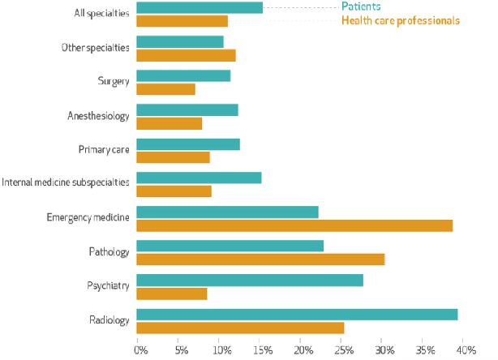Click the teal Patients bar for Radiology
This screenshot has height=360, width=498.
(297, 314)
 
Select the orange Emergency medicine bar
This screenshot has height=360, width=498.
(294, 225)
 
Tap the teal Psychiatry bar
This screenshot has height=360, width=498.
(250, 280)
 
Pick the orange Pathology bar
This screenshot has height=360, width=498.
(260, 259)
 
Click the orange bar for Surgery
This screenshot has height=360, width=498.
(165, 89)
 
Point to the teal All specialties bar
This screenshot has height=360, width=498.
(200, 7)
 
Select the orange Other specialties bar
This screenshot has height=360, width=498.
(186, 55)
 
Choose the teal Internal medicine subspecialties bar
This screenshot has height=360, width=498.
(199, 178)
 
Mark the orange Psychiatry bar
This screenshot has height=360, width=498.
(172, 294)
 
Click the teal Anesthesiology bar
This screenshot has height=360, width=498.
(187, 109)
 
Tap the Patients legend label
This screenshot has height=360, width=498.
(361, 7)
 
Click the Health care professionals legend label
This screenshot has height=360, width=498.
(401, 20)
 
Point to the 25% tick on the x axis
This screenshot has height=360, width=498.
(344, 350)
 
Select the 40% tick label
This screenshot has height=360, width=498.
(467, 350)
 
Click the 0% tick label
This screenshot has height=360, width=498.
(140, 350)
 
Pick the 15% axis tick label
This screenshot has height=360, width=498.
(262, 350)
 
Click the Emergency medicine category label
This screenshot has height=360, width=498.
(88, 218)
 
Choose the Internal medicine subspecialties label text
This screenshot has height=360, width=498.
(66, 183)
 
